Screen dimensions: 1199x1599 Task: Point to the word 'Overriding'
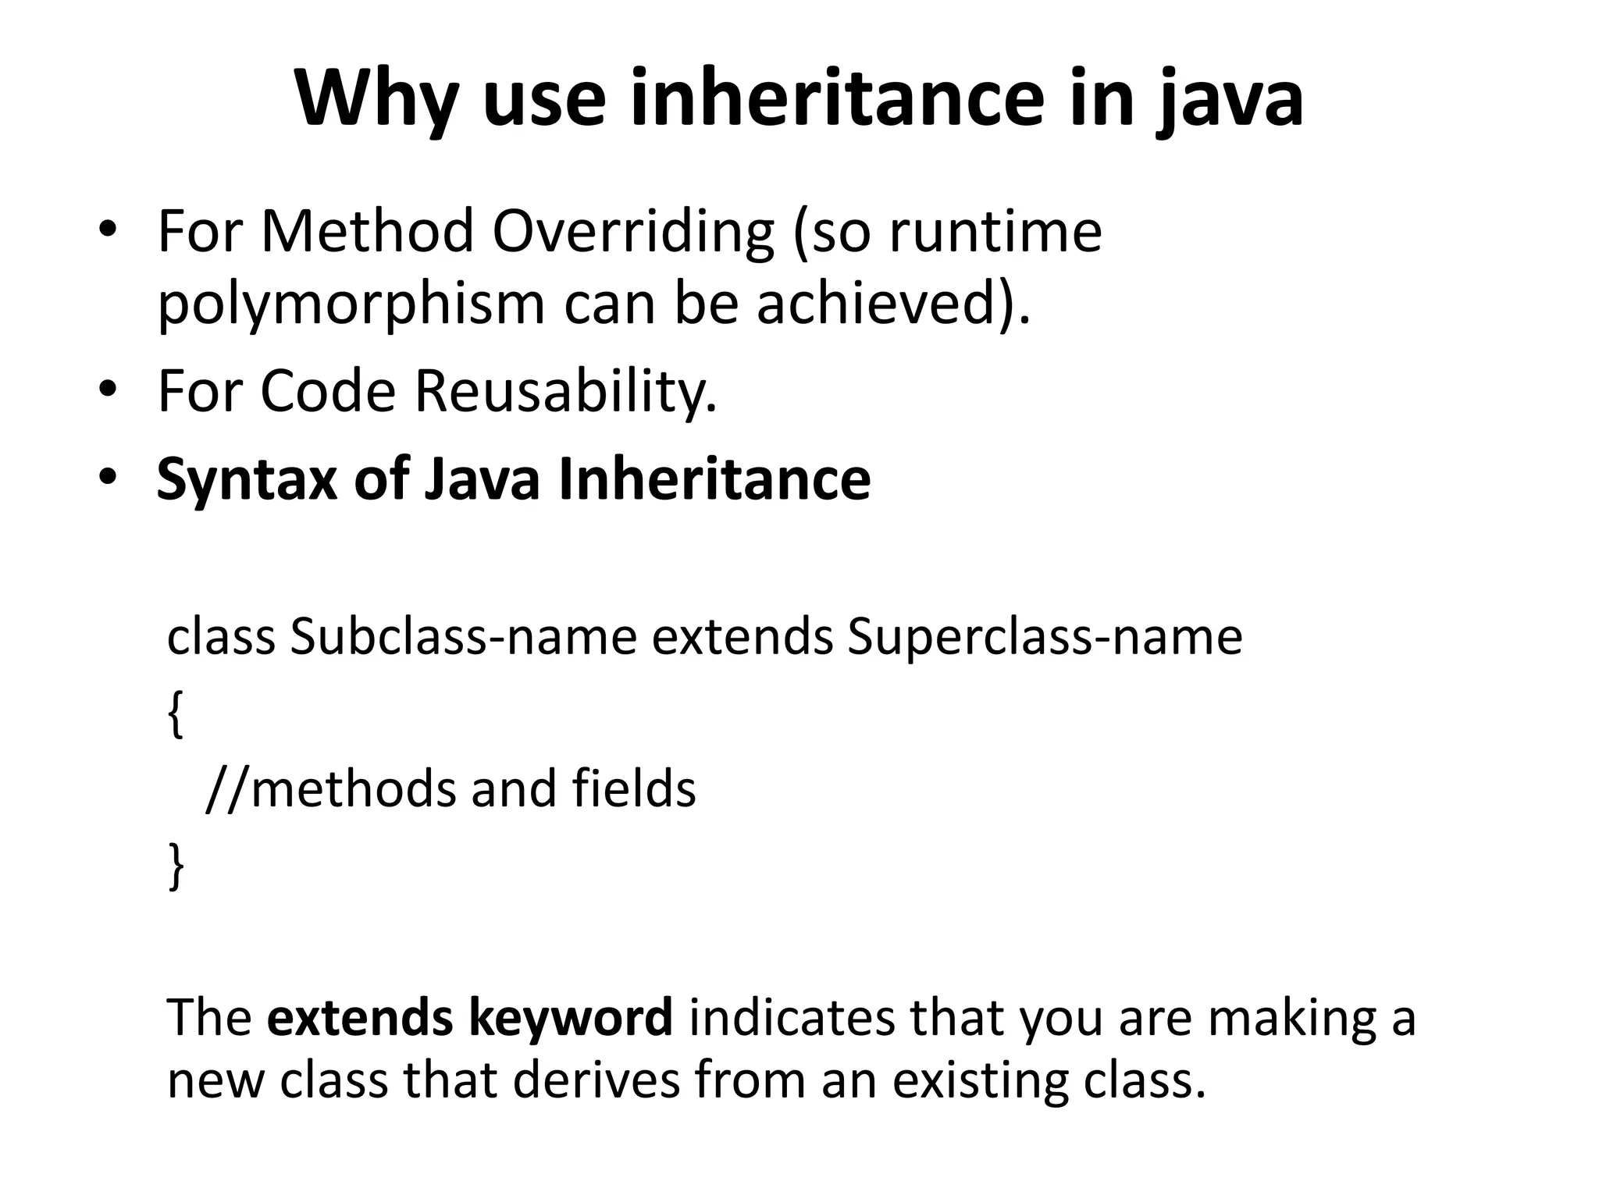click(x=633, y=232)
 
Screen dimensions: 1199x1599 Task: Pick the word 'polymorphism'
click(x=351, y=304)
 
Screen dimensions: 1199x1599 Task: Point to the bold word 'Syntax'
click(x=247, y=479)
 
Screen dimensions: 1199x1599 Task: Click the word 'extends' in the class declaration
click(x=743, y=636)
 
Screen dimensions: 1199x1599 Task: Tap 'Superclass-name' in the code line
click(x=1044, y=636)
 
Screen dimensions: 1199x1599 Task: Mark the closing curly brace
click(x=176, y=866)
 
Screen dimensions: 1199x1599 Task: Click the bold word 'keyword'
click(x=570, y=1017)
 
